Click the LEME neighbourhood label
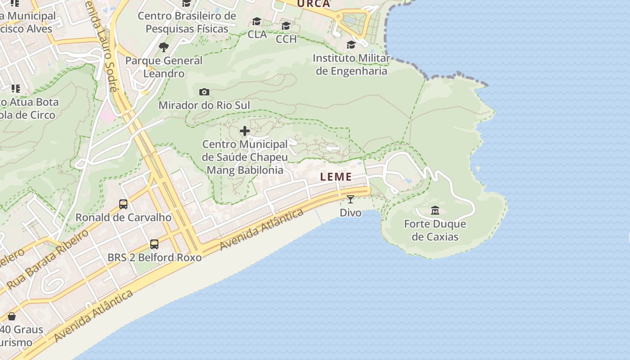(x=336, y=177)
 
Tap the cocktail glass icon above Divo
(x=351, y=199)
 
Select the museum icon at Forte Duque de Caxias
(x=435, y=210)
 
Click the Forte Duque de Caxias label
(x=435, y=230)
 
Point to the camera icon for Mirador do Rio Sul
(x=204, y=92)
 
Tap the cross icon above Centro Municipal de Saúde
(x=245, y=131)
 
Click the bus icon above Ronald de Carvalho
(x=123, y=204)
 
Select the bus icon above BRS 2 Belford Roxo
(x=154, y=244)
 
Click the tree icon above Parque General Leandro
(x=164, y=47)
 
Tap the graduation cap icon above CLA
(x=257, y=21)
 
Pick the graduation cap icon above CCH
(x=286, y=26)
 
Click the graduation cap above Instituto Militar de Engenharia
(x=351, y=45)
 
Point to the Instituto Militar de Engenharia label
(x=351, y=65)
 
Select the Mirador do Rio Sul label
(x=204, y=105)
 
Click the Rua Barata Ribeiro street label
(x=48, y=259)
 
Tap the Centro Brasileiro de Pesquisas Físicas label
(x=187, y=22)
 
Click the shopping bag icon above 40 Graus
(x=12, y=316)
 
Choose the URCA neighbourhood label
(x=314, y=4)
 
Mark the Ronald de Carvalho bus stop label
(x=123, y=217)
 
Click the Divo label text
(x=351, y=212)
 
